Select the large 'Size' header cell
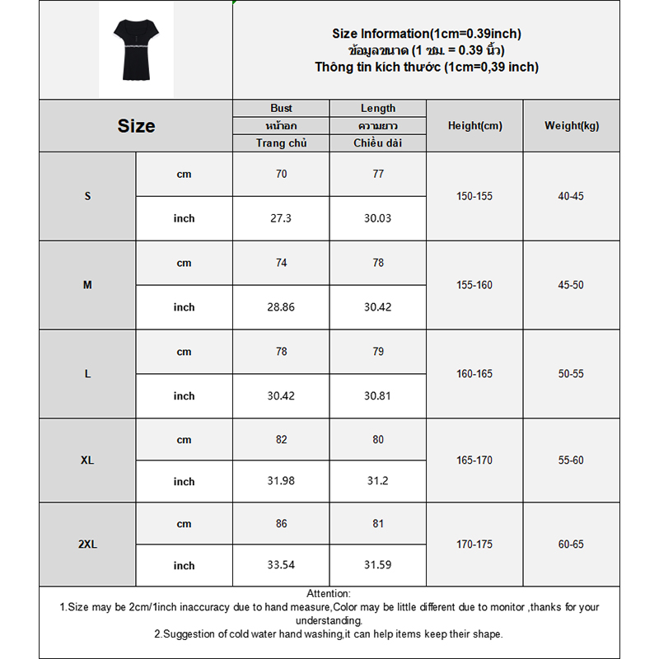136,126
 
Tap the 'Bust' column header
281,108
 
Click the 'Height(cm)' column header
474,126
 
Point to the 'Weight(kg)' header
572,126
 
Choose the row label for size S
87,196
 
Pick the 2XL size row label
87,544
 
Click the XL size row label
87,460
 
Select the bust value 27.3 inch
281,218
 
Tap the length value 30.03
378,218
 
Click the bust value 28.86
281,307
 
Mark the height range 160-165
474,374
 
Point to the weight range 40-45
571,196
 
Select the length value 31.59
378,565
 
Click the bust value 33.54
281,565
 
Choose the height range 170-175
474,544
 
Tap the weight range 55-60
571,460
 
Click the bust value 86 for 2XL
281,524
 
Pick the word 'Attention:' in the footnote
329,594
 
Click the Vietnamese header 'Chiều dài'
378,143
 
